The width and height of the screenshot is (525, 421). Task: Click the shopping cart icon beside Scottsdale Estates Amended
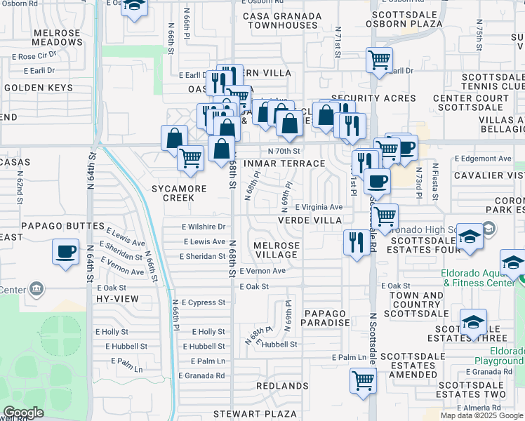(363, 381)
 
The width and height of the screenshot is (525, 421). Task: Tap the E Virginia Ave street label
(319, 208)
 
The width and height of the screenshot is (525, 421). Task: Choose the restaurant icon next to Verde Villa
(357, 243)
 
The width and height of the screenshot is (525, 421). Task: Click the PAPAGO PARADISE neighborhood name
(325, 317)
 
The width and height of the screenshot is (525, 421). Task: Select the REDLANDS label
(282, 386)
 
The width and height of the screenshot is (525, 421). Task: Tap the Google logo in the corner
(23, 413)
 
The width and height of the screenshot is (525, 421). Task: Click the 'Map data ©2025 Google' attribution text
(481, 415)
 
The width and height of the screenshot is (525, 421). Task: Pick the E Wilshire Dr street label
(202, 227)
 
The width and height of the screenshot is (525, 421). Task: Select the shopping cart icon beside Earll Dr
(379, 60)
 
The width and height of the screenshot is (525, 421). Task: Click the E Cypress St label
(202, 302)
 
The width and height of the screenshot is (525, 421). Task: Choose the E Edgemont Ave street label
(483, 159)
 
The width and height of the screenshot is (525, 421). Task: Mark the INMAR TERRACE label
(284, 163)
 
